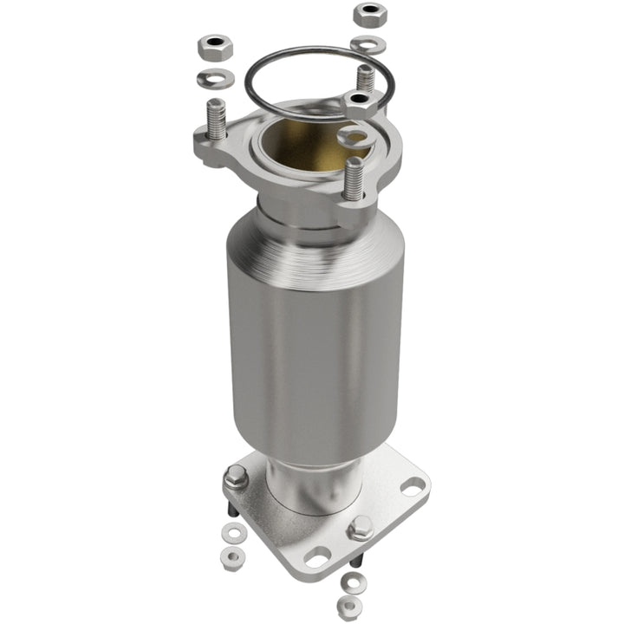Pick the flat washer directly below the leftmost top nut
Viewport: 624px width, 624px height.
point(214,79)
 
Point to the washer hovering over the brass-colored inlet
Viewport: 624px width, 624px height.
point(354,136)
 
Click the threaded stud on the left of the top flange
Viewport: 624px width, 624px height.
point(216,119)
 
